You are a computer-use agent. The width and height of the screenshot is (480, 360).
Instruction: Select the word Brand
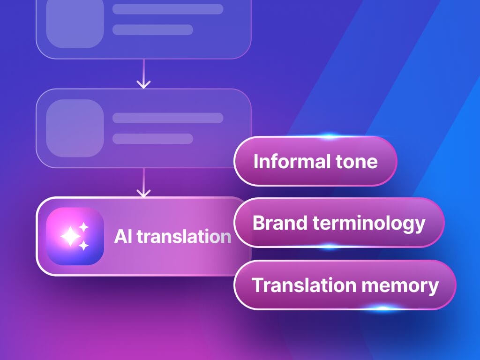click(279, 223)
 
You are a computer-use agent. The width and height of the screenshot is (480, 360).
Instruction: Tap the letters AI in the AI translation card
click(121, 237)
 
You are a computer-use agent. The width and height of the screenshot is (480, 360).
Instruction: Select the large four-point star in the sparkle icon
click(70, 237)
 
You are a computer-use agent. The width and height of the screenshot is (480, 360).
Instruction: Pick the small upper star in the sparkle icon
click(84, 227)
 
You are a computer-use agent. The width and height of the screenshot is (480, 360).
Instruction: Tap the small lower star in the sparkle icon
click(84, 245)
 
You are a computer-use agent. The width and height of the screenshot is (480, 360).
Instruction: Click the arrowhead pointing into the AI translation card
click(143, 192)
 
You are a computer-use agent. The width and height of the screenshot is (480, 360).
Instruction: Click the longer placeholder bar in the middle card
click(167, 118)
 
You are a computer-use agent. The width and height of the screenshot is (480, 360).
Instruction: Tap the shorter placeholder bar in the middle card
click(152, 139)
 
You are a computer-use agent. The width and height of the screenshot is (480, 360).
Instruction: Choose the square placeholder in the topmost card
click(75, 23)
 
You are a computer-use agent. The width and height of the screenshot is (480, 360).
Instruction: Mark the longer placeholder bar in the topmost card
click(167, 9)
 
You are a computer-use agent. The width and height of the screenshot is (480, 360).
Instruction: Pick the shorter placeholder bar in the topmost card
click(152, 30)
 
